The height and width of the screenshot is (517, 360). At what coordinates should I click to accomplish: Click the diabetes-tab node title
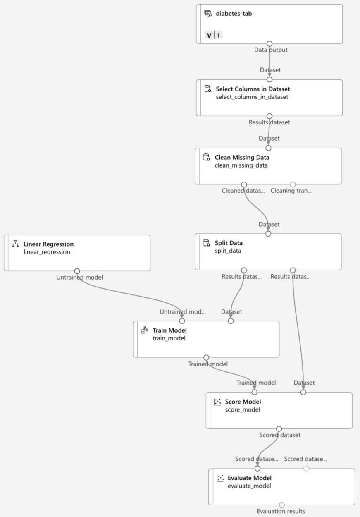coord(234,14)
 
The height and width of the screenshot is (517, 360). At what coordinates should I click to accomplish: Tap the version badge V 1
coord(213,35)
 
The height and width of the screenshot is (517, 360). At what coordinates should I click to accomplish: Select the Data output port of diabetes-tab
coord(269,43)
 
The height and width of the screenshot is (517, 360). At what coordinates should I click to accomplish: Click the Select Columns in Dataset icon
coord(207,89)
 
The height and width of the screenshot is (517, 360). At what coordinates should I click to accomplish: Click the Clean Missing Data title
coord(242,158)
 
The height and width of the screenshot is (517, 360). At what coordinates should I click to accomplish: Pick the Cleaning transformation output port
coord(293,184)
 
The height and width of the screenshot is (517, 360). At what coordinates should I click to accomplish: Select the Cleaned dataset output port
coord(244,184)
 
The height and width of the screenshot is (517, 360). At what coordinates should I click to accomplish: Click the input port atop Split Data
coord(268,234)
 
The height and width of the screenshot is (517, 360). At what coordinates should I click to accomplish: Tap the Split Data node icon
coord(207,243)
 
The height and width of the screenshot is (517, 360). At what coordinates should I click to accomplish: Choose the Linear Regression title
coord(48,244)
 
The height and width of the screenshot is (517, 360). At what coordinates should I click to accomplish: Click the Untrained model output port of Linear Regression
coord(77,271)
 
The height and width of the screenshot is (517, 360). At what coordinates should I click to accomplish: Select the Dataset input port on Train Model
coord(231,321)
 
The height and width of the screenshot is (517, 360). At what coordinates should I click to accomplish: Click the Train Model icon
coord(145,330)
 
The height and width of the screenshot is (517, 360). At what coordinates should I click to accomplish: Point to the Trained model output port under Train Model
coord(206,357)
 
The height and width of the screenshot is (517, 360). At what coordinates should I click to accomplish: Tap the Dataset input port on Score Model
coord(303,392)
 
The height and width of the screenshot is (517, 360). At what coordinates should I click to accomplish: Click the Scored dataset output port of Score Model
coord(279,429)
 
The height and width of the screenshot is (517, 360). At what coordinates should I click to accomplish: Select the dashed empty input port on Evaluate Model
coord(306,468)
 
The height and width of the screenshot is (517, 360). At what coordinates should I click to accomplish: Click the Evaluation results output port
coord(282,505)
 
